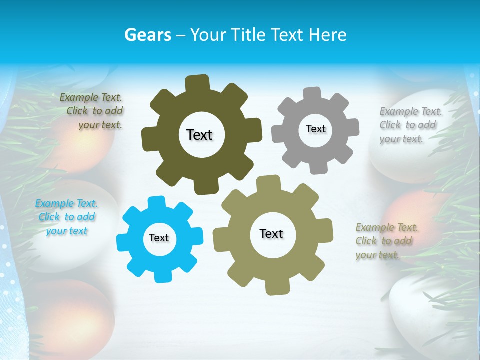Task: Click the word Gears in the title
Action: [148, 35]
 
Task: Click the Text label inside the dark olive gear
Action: [199, 135]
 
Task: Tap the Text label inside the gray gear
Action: [315, 129]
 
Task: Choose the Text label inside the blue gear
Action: [159, 238]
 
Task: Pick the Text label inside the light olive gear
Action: [271, 233]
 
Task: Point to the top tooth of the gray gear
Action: [312, 94]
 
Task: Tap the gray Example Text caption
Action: [410, 125]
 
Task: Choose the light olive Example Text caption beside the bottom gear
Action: [386, 241]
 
